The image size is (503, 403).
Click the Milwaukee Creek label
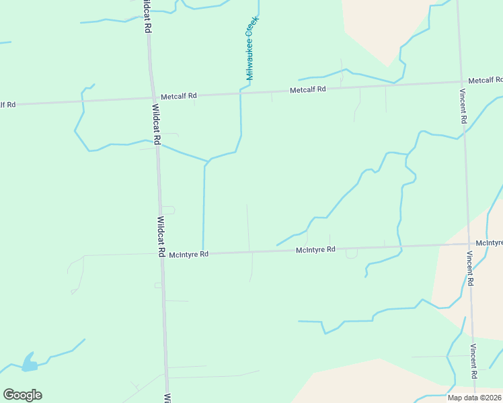(251, 49)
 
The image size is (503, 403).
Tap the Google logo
(22, 395)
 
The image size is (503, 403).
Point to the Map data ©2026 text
(474, 397)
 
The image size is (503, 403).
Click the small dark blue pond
(29, 363)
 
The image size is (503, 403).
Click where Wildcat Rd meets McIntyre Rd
(161, 255)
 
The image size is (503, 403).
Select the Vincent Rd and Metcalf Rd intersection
(461, 83)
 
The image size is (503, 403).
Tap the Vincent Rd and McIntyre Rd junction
(469, 244)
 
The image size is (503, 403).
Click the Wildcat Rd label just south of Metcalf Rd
(156, 124)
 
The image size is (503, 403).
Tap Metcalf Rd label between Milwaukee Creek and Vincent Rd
(307, 89)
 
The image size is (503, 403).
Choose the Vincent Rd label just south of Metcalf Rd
(463, 106)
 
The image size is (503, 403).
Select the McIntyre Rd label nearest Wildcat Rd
(189, 255)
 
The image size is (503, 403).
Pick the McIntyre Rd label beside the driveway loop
(315, 250)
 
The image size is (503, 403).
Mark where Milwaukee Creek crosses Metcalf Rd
(241, 93)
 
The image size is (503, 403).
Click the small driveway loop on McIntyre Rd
(352, 253)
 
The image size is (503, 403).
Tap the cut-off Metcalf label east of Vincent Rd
(486, 80)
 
